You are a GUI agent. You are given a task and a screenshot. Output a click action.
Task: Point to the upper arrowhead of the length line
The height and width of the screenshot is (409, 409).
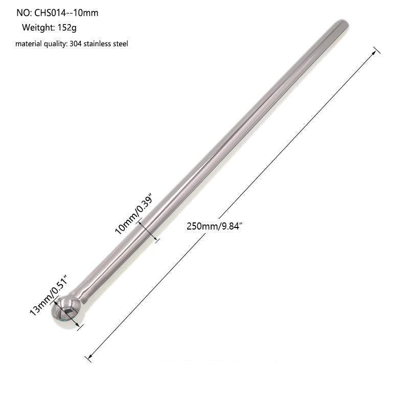376,51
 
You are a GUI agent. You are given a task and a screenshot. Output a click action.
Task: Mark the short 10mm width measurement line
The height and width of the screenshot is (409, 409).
150,231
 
